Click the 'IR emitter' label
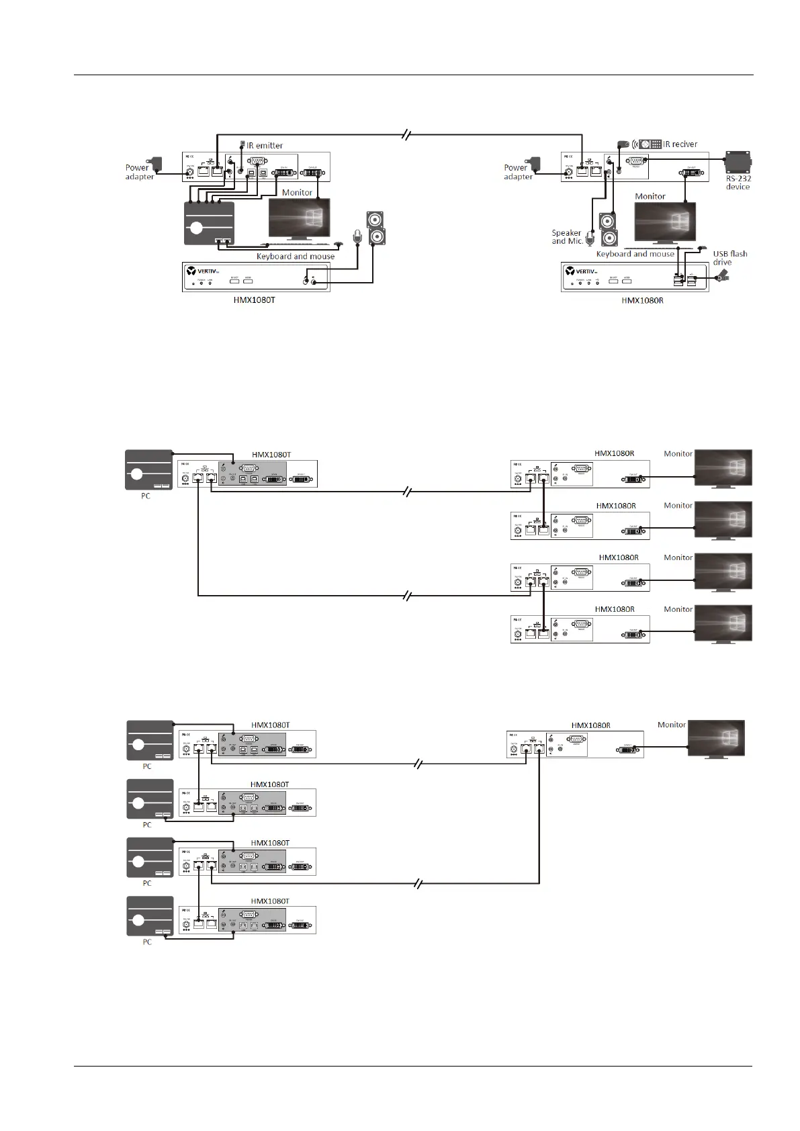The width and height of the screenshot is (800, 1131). (x=265, y=145)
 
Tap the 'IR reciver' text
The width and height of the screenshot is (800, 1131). (x=680, y=144)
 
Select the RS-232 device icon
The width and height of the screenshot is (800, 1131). (x=738, y=162)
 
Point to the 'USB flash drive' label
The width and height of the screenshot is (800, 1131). (x=729, y=258)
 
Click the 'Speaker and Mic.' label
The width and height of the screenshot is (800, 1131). (x=566, y=237)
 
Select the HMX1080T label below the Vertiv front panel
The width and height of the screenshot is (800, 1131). (x=254, y=300)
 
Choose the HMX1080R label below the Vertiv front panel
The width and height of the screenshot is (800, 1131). (x=642, y=300)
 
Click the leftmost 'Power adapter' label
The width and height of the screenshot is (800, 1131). (x=139, y=172)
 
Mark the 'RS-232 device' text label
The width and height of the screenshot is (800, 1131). (x=738, y=183)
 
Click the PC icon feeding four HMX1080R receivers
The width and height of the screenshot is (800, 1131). (x=148, y=469)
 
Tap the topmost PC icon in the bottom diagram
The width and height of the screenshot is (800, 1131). (x=150, y=740)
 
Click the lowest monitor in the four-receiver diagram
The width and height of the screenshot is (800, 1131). (x=723, y=623)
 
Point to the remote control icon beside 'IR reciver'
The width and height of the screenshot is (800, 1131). (x=650, y=144)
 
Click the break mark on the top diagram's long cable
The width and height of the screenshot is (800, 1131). (x=406, y=134)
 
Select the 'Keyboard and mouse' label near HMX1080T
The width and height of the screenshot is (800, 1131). (x=295, y=257)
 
